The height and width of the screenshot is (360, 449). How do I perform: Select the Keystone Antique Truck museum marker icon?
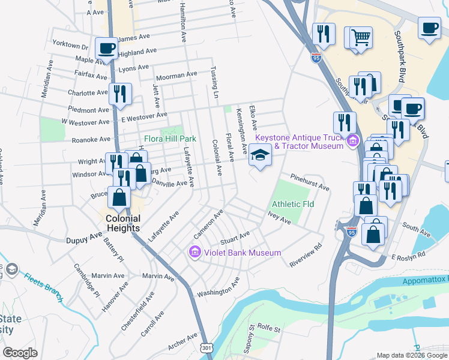[x=354, y=142]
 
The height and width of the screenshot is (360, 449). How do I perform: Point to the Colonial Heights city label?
[x=123, y=224]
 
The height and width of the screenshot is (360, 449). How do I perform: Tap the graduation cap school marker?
[x=261, y=155]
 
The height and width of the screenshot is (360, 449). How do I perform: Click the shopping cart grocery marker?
[x=360, y=38]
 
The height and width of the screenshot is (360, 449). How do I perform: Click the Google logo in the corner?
[x=20, y=352]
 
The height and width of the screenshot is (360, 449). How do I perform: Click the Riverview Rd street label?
[x=306, y=254]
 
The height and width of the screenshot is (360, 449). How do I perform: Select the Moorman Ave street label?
[x=176, y=76]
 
